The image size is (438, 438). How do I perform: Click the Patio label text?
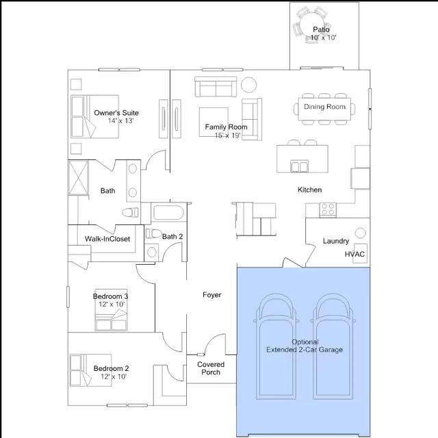321,29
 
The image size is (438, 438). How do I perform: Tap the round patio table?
311,25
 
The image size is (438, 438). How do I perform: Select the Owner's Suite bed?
94,116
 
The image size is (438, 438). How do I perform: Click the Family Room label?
226,127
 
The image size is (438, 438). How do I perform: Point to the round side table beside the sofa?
248,85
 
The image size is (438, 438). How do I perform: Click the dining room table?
324,109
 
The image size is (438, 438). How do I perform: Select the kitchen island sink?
300,166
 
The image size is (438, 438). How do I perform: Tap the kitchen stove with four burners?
328,210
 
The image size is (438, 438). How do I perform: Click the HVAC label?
355,254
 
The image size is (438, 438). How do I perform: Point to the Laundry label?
336,241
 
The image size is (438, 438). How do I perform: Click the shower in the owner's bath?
79,178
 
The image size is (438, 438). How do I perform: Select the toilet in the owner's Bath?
130,212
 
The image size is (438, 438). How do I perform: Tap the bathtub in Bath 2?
168,213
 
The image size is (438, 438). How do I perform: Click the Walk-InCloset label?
107,239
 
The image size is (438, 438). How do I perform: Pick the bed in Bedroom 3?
111,310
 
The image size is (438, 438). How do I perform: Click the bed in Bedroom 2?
91,370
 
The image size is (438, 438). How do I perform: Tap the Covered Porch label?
211,368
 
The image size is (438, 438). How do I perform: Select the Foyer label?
211,295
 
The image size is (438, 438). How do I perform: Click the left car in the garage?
276,346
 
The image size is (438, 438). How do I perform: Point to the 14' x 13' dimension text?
120,120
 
